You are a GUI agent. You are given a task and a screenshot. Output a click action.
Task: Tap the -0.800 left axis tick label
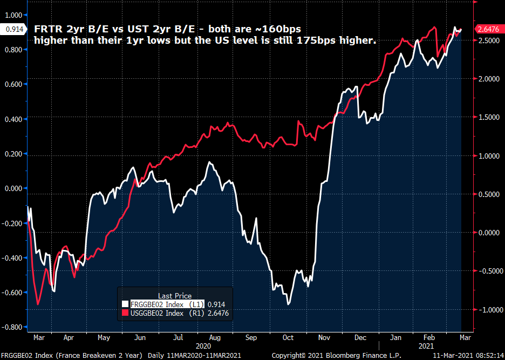(x=11, y=328)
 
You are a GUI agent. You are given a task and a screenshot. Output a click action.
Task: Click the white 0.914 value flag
(x=12, y=29)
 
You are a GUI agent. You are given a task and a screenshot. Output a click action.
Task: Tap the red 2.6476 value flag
(x=488, y=29)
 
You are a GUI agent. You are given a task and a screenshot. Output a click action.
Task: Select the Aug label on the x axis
(x=214, y=337)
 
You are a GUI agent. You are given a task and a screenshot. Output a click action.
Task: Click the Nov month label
(x=324, y=337)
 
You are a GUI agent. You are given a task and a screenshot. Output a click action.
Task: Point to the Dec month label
(x=360, y=337)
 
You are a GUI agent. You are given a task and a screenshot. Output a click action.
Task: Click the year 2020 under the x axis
(x=203, y=345)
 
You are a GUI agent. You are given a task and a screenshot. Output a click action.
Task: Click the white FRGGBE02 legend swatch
(x=125, y=304)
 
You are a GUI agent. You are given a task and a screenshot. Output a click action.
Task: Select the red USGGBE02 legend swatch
(x=125, y=313)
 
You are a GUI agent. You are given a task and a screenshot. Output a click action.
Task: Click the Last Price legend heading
(x=174, y=296)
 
